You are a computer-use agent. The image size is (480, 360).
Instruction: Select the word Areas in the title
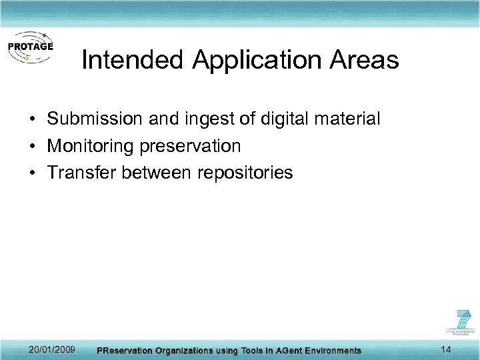pyautogui.click(x=365, y=61)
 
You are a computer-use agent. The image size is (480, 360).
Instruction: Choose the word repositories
pyautogui.click(x=245, y=173)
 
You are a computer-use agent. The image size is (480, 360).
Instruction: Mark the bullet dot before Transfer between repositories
pyautogui.click(x=32, y=173)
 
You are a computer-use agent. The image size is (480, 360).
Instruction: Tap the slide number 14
pyautogui.click(x=446, y=349)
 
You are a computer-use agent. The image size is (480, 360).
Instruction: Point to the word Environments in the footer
pyautogui.click(x=329, y=351)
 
